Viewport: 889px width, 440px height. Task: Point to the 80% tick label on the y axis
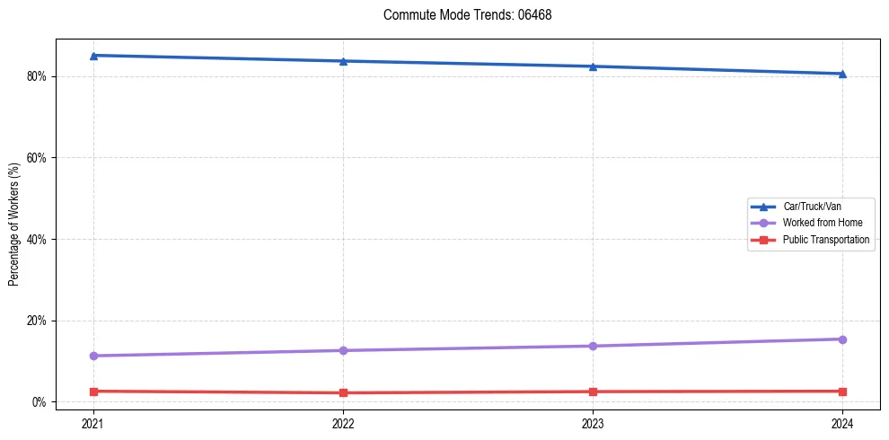[37, 76]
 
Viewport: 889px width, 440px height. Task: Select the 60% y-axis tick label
[37, 158]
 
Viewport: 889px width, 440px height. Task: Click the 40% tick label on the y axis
[37, 240]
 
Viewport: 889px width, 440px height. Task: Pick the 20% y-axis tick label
[37, 321]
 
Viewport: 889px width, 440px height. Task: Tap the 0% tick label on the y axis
[40, 402]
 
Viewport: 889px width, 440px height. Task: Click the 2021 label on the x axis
[93, 424]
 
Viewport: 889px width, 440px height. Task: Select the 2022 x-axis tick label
[343, 424]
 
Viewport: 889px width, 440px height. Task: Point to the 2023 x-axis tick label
[593, 424]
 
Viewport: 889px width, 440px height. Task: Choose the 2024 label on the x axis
[842, 424]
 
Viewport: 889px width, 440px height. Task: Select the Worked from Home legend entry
[819, 223]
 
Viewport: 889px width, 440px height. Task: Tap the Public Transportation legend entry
[825, 240]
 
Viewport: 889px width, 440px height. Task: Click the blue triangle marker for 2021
[93, 56]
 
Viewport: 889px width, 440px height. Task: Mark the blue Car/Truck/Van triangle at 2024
[842, 74]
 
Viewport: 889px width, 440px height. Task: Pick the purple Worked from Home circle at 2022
[343, 350]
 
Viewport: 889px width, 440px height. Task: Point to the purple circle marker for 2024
[842, 339]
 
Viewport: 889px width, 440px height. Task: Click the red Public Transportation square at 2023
[593, 392]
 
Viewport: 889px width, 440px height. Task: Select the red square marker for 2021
[93, 392]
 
